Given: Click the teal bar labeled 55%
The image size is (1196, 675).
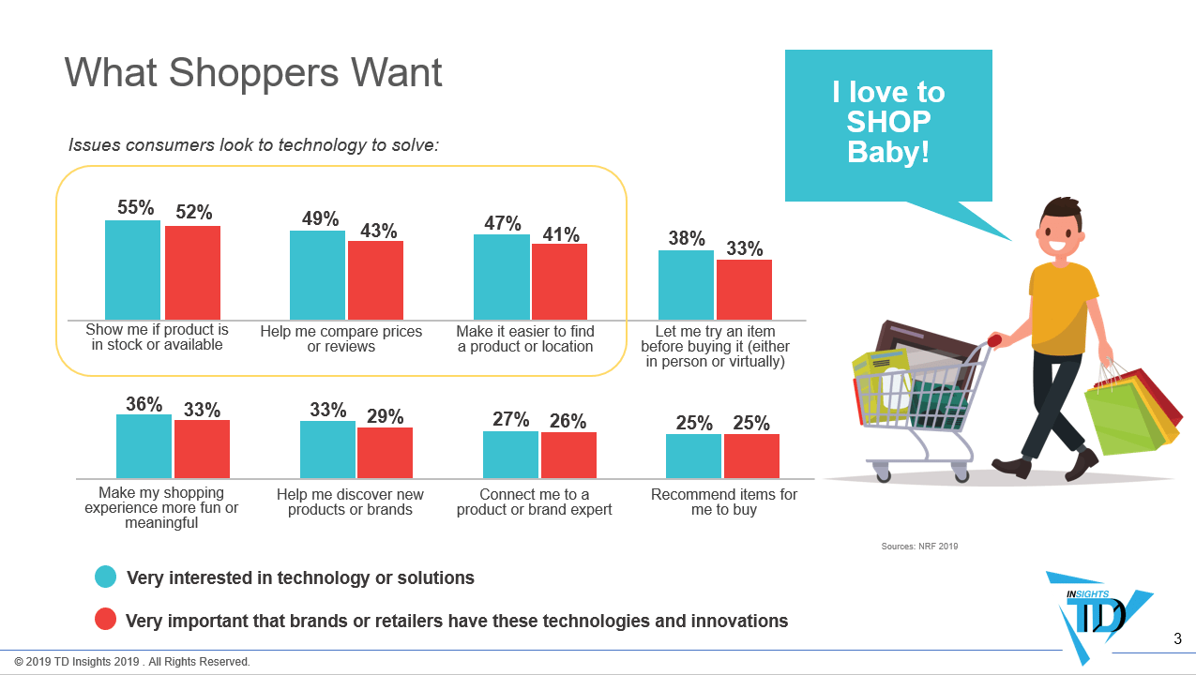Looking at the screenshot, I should (x=132, y=270).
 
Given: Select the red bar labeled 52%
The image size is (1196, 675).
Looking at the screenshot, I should (x=192, y=273).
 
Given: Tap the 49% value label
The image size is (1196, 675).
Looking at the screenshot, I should (x=320, y=218).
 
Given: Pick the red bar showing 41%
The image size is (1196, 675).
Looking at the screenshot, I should (x=559, y=281).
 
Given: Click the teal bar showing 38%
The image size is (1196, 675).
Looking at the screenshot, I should (x=686, y=285).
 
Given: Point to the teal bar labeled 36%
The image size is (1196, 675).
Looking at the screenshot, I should (x=144, y=446).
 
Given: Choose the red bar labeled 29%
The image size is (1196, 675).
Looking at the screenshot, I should (x=385, y=453).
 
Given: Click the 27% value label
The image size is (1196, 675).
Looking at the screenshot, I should (x=510, y=419).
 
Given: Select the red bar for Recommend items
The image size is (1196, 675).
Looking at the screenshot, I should (x=751, y=456).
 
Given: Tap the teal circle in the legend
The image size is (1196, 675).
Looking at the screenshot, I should (x=106, y=577).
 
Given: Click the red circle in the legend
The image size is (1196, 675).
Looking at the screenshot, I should (x=106, y=620).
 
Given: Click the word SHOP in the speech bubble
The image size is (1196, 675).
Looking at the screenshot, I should (x=888, y=122).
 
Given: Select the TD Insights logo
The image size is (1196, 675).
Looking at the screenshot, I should (x=1098, y=614).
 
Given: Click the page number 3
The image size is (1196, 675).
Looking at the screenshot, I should (x=1177, y=639).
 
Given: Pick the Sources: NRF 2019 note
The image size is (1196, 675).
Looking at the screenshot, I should (x=919, y=546).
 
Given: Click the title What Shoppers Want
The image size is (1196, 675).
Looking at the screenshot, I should (x=253, y=72).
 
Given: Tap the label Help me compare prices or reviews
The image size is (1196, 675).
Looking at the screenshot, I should (x=341, y=338).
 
